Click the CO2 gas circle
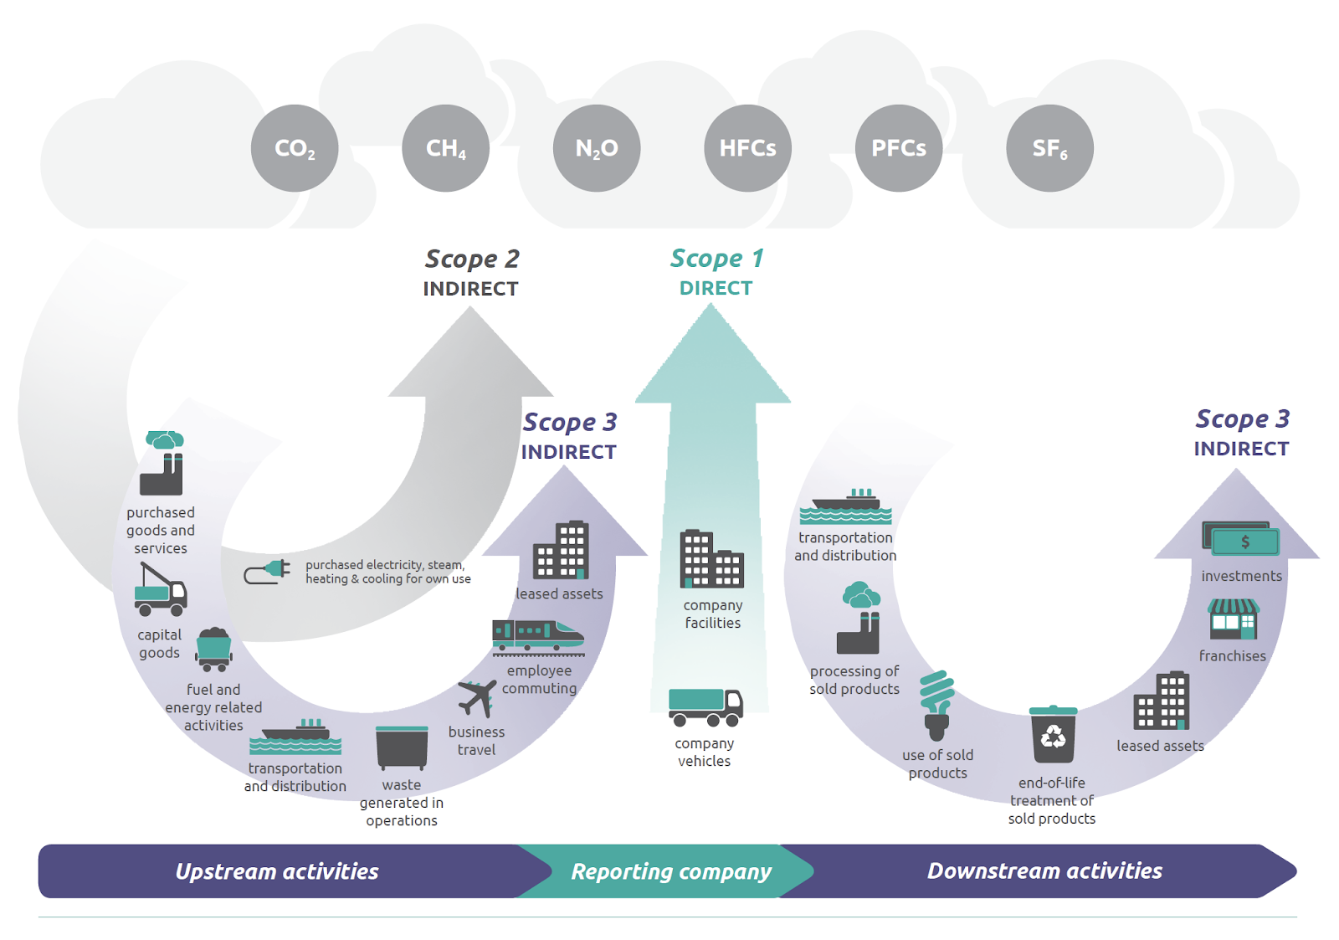pyautogui.click(x=295, y=148)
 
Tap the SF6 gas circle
pyautogui.click(x=1049, y=148)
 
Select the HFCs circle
pyautogui.click(x=748, y=148)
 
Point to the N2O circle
pyautogui.click(x=597, y=148)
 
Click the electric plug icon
pyautogui.click(x=267, y=572)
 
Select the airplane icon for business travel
pyautogui.click(x=477, y=698)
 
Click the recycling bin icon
pyautogui.click(x=1053, y=734)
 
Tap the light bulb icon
pyautogui.click(x=936, y=706)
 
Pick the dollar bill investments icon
pyautogui.click(x=1241, y=538)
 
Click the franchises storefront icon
pyautogui.click(x=1233, y=619)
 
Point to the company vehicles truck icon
pyautogui.click(x=705, y=707)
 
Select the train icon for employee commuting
pyautogui.click(x=537, y=638)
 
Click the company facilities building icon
pyautogui.click(x=712, y=558)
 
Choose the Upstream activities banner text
pyautogui.click(x=277, y=872)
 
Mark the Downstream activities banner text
pyautogui.click(x=1044, y=871)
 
